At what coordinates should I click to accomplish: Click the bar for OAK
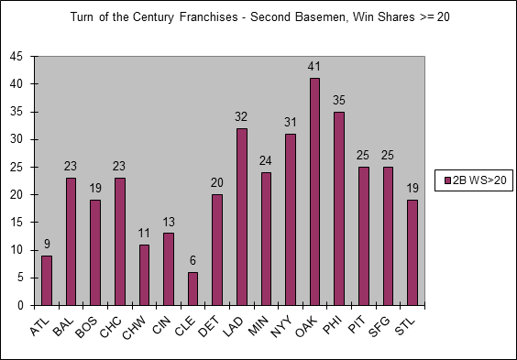[x=314, y=191]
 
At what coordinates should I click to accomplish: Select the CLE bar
[x=192, y=289]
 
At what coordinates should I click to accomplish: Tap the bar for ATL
[x=47, y=280]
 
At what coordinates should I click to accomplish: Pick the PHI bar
[x=339, y=209]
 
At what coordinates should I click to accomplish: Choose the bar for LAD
[x=242, y=217]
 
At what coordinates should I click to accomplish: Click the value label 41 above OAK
[x=314, y=67]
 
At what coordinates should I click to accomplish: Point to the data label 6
[x=192, y=260]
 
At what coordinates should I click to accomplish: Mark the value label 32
[x=241, y=116]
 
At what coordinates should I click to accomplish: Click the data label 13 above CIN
[x=169, y=222]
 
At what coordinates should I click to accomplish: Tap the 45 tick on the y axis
[x=16, y=56]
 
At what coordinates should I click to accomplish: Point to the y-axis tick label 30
[x=16, y=139]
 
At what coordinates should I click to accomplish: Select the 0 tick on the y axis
[x=20, y=305]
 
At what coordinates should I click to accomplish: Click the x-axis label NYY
[x=281, y=326]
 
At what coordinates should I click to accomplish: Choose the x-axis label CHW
[x=134, y=327]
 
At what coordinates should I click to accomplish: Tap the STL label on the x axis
[x=404, y=326]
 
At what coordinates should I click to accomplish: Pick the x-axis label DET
[x=209, y=326]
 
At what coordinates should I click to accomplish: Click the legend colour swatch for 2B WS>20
[x=447, y=180]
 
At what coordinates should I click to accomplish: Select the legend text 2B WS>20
[x=479, y=180]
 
